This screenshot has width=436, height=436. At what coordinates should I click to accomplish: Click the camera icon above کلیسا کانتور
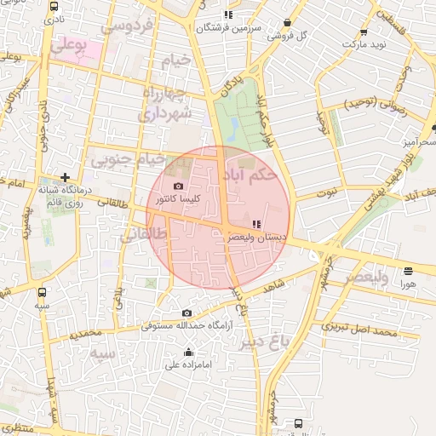(178, 186)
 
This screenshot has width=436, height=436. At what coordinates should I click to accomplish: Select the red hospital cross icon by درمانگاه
(65, 176)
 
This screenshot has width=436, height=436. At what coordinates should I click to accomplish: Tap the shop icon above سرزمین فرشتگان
(227, 14)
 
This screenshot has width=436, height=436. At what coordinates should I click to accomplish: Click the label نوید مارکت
(369, 42)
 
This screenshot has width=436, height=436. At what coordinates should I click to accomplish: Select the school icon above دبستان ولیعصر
(257, 224)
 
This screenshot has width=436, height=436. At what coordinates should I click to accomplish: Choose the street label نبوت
(326, 192)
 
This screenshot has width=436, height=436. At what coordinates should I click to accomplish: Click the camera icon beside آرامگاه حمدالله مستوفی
(187, 313)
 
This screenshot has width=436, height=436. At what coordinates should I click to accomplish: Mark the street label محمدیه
(86, 333)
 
